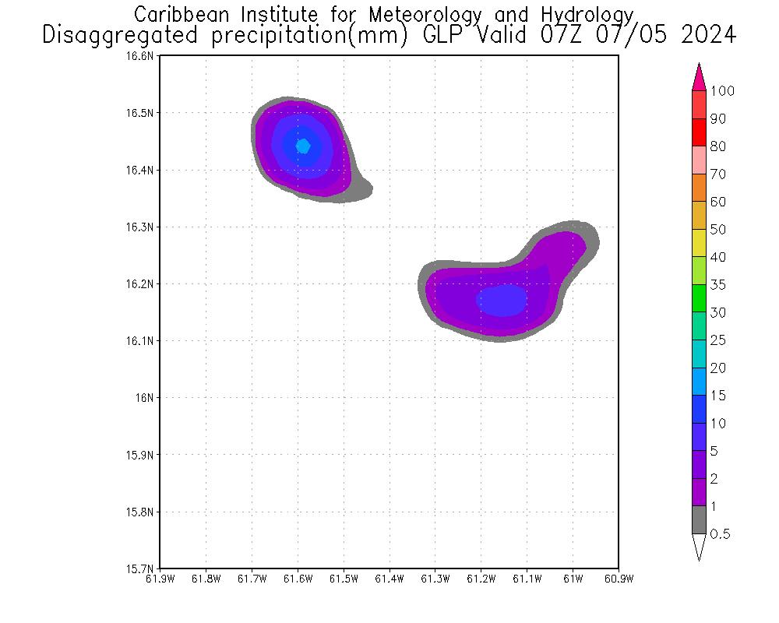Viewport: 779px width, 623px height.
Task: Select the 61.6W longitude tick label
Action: tap(298, 579)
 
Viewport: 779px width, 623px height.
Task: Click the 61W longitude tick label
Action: tap(573, 579)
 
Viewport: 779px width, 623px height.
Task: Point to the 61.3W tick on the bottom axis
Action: tap(435, 579)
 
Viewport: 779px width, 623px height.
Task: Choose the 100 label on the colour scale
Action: tap(722, 91)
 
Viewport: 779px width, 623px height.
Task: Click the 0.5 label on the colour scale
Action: tap(721, 534)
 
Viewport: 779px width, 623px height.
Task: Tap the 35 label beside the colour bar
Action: tap(717, 285)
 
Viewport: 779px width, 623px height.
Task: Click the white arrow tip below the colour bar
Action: tap(699, 547)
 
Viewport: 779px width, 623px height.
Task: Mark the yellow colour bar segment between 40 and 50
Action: tap(699, 243)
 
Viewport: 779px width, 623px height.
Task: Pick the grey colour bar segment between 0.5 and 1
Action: tap(699, 519)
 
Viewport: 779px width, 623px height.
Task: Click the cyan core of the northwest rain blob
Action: tap(303, 146)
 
